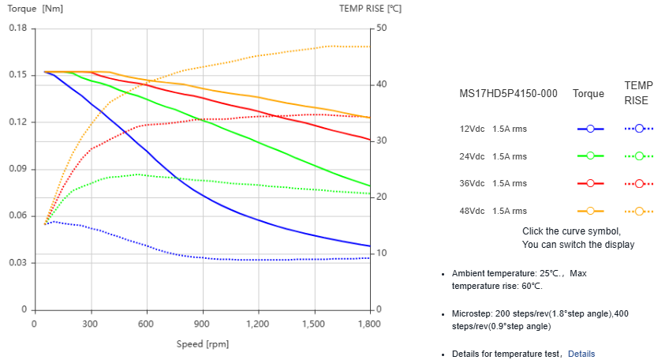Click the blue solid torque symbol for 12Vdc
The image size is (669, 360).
coord(589,129)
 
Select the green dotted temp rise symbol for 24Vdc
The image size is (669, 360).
coord(639,156)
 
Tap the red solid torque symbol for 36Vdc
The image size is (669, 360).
coord(589,184)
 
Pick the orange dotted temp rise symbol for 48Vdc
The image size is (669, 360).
coord(639,212)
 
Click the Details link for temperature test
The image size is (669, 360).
coord(581,354)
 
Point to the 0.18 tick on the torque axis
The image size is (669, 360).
coord(17,28)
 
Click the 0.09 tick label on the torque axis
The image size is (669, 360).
coord(17,169)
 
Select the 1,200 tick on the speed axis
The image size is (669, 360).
coord(258,324)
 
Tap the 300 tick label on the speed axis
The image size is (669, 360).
coord(90,324)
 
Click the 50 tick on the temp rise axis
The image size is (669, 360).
coord(382,28)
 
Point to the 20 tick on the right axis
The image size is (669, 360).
coord(382,197)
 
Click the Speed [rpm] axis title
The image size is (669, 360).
coord(203,344)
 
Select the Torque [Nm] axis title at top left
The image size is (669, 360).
coord(36,9)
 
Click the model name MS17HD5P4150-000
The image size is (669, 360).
coord(508,94)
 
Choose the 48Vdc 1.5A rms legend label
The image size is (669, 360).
coord(493,212)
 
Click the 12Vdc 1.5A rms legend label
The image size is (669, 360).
coord(493,129)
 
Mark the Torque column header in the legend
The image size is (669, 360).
coord(589,94)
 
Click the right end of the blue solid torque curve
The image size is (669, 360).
coord(369,246)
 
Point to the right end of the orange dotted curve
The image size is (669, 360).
coord(369,47)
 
